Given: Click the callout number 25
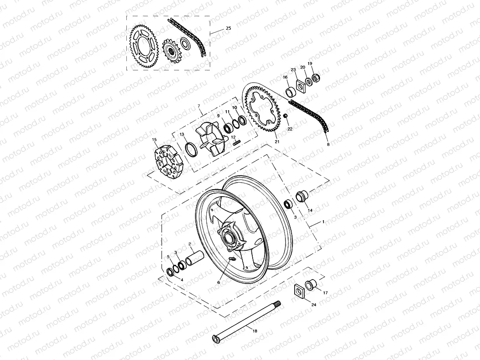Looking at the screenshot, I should coord(228,28).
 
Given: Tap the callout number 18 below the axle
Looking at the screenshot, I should coord(255,331).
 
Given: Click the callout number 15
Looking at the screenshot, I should coord(154,140).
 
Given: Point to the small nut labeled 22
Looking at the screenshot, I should coord(285,116).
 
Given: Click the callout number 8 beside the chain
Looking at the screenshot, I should coord(328,144).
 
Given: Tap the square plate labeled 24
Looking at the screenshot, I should coord(299,291).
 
